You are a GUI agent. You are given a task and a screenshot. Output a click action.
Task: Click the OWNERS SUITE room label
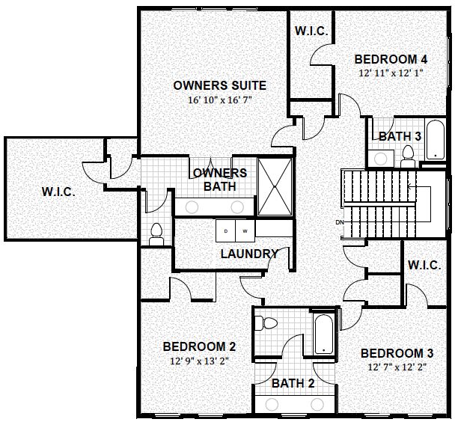220,85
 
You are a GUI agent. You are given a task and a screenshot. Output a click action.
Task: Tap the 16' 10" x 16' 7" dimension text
220,100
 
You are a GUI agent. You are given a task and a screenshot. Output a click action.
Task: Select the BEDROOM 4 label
391,59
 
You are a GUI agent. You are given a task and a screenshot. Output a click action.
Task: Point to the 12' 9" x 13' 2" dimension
199,361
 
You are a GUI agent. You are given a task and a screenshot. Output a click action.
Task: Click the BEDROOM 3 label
397,353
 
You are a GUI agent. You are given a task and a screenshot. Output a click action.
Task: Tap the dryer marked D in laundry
226,231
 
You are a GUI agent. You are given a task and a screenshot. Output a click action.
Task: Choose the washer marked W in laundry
245,231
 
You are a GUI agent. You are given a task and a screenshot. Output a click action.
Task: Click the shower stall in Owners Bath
275,187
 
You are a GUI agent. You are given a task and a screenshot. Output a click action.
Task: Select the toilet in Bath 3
408,156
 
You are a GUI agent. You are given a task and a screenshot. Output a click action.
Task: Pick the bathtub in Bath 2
323,334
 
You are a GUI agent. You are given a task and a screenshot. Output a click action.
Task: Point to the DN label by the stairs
340,222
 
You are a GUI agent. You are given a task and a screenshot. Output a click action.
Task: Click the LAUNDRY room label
249,254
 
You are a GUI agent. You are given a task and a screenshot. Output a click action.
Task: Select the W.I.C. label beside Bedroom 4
311,31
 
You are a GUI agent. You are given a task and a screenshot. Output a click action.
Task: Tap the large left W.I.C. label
58,192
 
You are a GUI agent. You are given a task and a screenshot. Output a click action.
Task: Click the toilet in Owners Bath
156,234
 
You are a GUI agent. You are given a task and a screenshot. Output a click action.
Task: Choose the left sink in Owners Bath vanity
192,207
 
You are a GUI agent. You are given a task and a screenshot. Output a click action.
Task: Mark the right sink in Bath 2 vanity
317,404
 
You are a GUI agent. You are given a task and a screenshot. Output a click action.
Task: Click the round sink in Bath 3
380,159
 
